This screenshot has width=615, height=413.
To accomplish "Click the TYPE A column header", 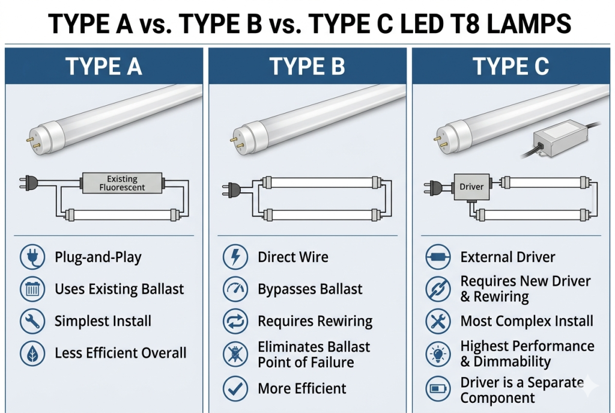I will tap(103, 66).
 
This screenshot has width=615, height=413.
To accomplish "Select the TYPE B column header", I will tap(307, 66).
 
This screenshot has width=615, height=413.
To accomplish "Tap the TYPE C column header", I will tap(510, 66).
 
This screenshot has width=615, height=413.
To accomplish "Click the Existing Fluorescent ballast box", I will tap(122, 183).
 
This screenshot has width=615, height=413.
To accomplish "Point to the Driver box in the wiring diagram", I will tap(471, 187).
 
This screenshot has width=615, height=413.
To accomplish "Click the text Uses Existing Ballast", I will tap(119, 289).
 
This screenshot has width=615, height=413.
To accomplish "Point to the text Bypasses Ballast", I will tap(310, 289).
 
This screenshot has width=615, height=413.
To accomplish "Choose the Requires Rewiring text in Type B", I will tap(315, 321).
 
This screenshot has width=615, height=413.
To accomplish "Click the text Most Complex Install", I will tap(526, 321).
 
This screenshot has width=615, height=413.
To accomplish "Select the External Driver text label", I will tap(507, 257).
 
